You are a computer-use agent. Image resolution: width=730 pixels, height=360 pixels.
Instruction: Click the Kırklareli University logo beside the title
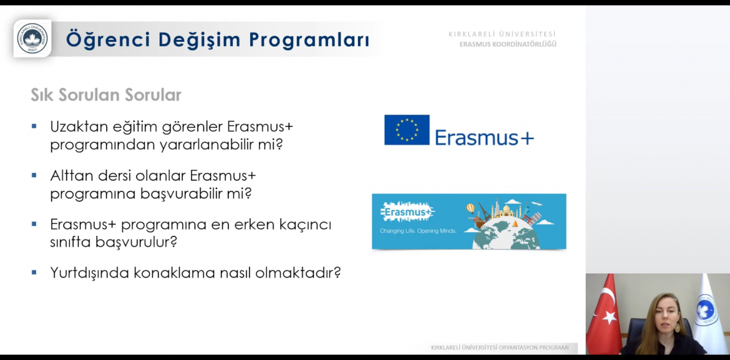click(32, 38)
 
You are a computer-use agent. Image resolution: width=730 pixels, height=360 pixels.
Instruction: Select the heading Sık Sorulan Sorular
click(105, 95)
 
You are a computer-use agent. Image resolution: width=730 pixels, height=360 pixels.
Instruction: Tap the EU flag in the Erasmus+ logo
click(406, 130)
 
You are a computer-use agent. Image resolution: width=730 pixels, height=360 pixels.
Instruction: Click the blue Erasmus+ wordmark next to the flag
click(484, 137)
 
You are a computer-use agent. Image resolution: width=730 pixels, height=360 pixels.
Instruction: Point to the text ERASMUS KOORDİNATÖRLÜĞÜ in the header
click(508, 44)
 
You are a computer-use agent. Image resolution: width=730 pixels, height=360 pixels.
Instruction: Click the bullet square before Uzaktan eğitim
click(34, 126)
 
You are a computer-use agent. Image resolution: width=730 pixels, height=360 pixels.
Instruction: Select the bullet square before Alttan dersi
click(34, 175)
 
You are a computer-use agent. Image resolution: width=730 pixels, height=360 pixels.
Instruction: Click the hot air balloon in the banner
click(470, 208)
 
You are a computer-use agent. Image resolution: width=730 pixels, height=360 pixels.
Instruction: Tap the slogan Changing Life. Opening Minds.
click(418, 230)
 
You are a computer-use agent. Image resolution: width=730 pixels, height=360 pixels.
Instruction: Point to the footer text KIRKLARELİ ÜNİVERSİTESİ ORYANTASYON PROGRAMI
click(500, 348)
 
